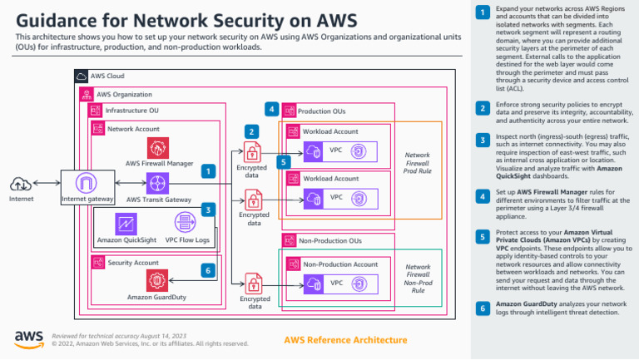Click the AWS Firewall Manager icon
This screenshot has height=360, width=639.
coord(158,148)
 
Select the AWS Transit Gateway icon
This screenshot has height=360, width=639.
coord(157,183)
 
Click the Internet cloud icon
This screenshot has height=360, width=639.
coord(22,184)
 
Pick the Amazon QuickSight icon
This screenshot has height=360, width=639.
coord(126,223)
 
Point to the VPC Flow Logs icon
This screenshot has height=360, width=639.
coord(186,223)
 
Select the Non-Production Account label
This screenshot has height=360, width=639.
coord(340,264)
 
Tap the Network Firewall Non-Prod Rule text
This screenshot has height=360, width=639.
coord(418,279)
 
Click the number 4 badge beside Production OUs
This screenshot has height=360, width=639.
coord(271,109)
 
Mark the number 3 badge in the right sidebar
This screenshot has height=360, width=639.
coord(483,140)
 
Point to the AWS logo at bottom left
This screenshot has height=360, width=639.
coord(28,337)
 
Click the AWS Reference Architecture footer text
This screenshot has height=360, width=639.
coord(345,340)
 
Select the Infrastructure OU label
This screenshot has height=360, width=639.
coord(131,111)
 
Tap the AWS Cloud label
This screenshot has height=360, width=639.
coord(107,76)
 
